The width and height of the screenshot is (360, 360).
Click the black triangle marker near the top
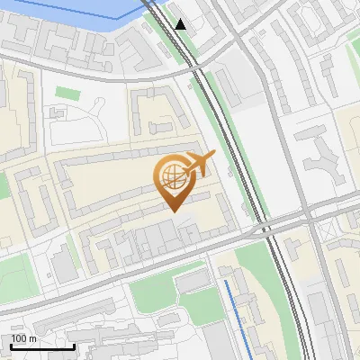click(182, 24)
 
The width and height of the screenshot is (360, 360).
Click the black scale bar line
click(42, 346)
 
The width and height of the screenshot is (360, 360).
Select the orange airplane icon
click(198, 165)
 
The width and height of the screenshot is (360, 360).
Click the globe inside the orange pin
click(171, 176)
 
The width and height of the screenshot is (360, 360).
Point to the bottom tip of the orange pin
click(172, 211)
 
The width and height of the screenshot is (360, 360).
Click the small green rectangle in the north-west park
click(66, 92)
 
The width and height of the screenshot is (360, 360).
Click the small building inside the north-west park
click(59, 114)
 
